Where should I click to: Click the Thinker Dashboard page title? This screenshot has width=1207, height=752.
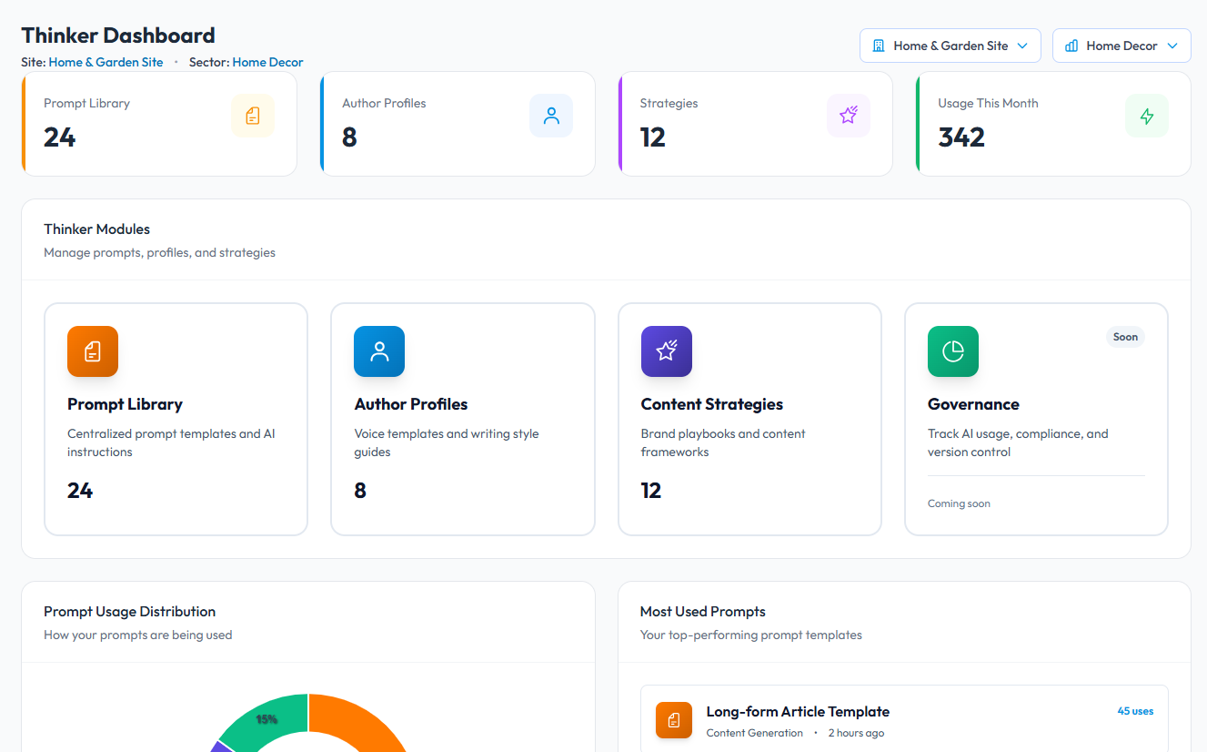coord(118,36)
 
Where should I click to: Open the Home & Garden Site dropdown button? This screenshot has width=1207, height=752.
coord(950,46)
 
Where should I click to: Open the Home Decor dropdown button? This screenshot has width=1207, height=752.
coord(1121,46)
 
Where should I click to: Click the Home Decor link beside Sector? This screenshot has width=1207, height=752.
coord(267,63)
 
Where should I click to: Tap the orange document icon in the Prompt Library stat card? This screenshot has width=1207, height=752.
coord(253,116)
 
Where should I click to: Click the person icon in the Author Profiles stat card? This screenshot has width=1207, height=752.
coord(551,116)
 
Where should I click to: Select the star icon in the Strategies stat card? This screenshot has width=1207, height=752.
coord(849,116)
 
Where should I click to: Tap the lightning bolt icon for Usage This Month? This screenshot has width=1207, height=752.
coord(1147,116)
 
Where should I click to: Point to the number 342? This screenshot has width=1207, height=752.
coord(961,137)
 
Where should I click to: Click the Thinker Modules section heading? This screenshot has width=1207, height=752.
coord(97,229)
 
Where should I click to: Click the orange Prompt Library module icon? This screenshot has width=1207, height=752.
coord(93,351)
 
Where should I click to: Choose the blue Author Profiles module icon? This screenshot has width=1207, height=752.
coord(379,351)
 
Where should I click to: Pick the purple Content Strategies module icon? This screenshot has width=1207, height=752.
coord(667,351)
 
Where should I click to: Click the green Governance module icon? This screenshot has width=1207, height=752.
coord(953,351)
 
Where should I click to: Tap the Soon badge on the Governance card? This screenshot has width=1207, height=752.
coord(1125,337)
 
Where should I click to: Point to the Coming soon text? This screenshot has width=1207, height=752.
coord(959,503)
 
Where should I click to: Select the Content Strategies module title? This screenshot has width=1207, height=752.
coord(712,404)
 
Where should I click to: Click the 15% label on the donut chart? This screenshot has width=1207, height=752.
coord(267,719)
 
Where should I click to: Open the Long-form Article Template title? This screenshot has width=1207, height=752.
coord(798,712)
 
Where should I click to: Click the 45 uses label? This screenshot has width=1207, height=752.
coord(1135,711)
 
